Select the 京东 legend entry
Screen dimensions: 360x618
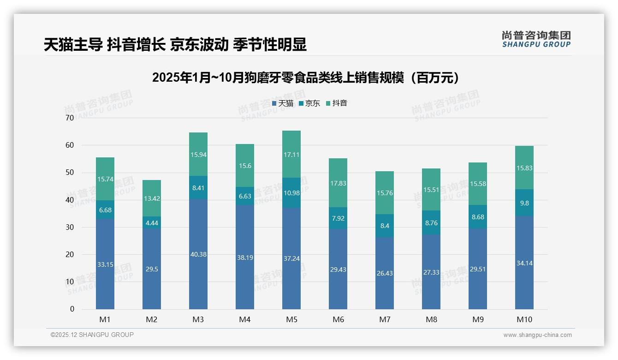click(309, 103)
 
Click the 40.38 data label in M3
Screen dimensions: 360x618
click(198, 254)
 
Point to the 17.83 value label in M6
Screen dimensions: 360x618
click(338, 183)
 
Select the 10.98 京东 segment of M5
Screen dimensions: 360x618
click(291, 192)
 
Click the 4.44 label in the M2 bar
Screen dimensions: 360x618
click(152, 222)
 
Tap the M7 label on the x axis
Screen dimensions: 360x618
click(385, 319)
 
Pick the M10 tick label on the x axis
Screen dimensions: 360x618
click(524, 319)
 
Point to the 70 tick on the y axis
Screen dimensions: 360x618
click(70, 118)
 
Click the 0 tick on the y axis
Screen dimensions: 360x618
click(72, 309)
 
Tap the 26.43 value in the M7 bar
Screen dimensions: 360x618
click(385, 273)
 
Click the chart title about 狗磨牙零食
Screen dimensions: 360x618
click(306, 78)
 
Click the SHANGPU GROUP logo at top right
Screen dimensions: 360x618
click(536, 39)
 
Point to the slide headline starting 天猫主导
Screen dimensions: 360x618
click(175, 45)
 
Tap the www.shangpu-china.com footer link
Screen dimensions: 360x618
click(537, 335)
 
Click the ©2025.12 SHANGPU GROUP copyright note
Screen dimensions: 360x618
click(92, 335)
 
